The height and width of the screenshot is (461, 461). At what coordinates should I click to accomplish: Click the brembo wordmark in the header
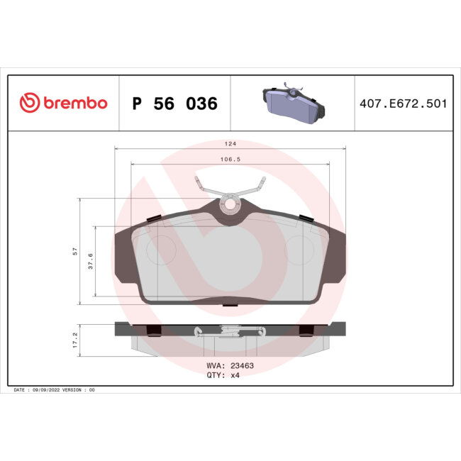coord(74,104)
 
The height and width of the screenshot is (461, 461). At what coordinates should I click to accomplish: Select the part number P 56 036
coord(175,104)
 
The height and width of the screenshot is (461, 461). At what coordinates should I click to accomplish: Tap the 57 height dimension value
coord(75,252)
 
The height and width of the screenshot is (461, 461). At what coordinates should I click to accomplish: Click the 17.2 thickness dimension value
coord(75,339)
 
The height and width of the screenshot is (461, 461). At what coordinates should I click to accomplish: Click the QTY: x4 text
coord(223,377)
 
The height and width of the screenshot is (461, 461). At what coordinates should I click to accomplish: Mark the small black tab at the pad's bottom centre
coord(230,305)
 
